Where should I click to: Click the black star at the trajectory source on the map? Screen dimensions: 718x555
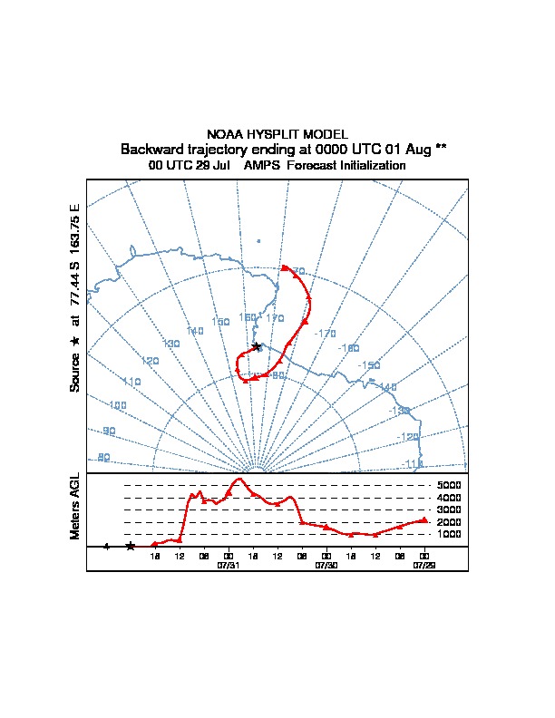click(257, 346)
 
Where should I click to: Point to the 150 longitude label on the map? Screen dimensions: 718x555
click(220, 322)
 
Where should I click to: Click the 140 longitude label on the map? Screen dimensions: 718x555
click(195, 332)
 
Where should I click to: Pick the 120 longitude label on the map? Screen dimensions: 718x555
click(151, 361)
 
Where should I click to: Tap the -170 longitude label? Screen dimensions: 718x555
click(325, 333)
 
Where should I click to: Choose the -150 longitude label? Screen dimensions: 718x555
click(369, 365)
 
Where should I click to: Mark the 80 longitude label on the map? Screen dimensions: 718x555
click(103, 458)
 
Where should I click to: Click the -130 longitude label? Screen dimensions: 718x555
click(400, 411)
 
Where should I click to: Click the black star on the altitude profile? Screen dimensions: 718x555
click(131, 546)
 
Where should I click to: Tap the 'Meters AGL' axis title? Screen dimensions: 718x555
click(75, 507)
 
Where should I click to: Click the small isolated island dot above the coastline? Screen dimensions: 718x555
click(258, 241)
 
